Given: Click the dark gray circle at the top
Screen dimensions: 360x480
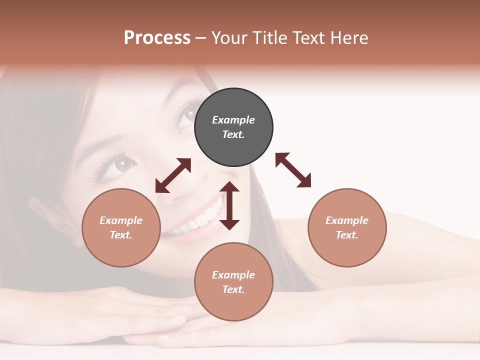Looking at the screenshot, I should click(x=233, y=127).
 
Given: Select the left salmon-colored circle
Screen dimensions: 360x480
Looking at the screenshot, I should click(x=121, y=227).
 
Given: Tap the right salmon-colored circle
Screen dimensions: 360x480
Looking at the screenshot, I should click(x=347, y=227).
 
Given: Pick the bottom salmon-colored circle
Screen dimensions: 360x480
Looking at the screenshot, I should click(x=233, y=282).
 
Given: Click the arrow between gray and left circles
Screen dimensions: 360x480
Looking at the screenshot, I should click(x=173, y=175).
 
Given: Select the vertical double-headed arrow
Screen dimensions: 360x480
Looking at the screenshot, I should click(x=229, y=205).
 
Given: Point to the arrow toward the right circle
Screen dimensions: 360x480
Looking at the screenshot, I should click(x=293, y=170).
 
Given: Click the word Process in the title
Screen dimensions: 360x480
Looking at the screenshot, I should click(x=157, y=37).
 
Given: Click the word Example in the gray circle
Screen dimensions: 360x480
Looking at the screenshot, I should click(x=233, y=120).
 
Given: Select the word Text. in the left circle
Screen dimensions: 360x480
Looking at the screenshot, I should click(x=121, y=235).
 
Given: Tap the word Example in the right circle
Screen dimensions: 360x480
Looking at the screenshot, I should click(x=347, y=220).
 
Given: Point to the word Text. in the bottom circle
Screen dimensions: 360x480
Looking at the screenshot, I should click(x=233, y=289).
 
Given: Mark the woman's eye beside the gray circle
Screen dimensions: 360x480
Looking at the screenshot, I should click(x=188, y=115).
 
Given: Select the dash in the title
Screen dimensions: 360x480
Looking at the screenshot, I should click(x=200, y=38).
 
